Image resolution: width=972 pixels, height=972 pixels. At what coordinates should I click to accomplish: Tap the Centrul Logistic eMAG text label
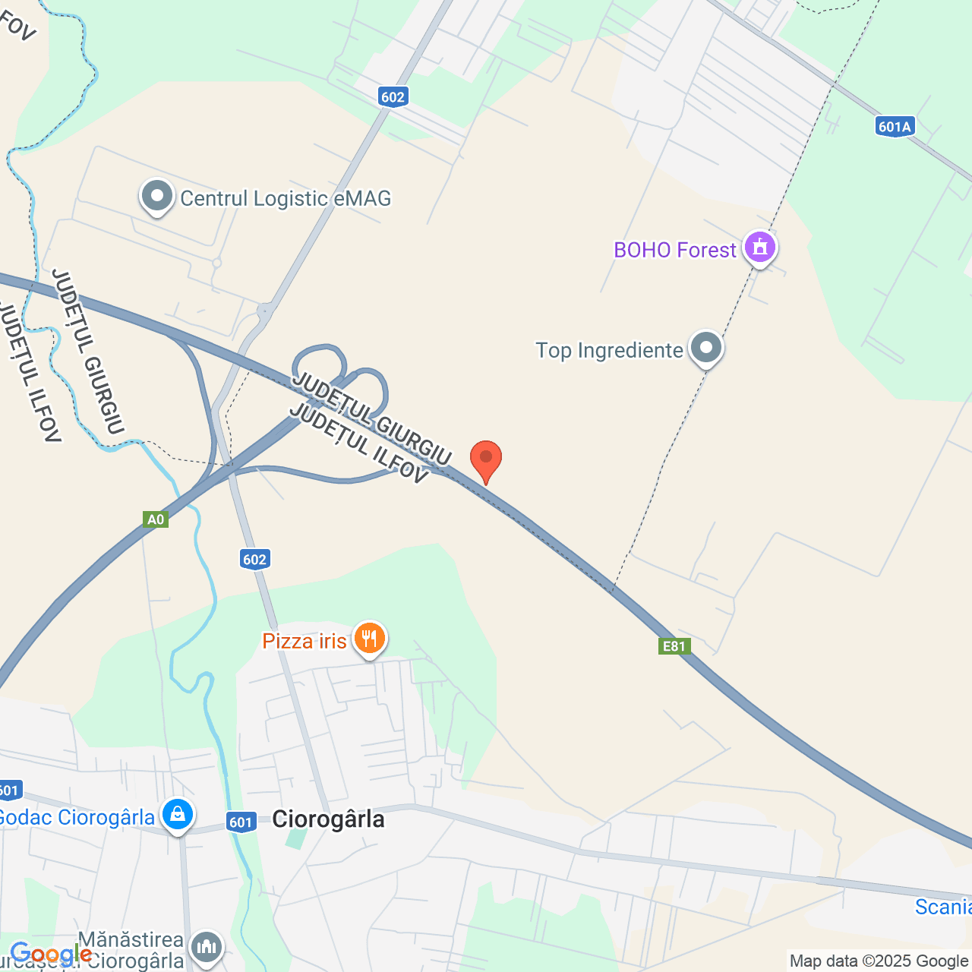[x=286, y=198]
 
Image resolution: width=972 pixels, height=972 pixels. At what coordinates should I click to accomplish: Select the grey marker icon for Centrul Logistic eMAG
[x=157, y=197]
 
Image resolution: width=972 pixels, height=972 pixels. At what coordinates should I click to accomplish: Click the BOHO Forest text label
[x=674, y=250]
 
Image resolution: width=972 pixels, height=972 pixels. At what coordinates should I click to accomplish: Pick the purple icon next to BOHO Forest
[x=760, y=247]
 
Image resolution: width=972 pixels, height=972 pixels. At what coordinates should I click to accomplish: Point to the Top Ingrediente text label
[x=609, y=350]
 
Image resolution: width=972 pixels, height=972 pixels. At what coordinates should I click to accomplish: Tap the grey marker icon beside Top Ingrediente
[x=706, y=348]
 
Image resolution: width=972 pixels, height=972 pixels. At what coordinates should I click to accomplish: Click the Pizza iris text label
[x=304, y=641]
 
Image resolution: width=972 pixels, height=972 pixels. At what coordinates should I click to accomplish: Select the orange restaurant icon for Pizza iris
[x=369, y=638]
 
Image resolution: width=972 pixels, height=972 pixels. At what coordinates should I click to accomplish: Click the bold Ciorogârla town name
[x=328, y=819]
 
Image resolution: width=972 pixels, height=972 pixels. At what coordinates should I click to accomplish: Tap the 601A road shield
[x=894, y=127]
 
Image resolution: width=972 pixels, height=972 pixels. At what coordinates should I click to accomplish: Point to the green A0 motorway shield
[x=155, y=519]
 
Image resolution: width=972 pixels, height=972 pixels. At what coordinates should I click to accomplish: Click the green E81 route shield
[x=674, y=646]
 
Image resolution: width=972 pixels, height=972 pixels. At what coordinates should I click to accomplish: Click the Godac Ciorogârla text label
[x=76, y=817]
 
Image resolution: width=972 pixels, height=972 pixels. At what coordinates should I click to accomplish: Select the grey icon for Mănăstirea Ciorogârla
[x=206, y=947]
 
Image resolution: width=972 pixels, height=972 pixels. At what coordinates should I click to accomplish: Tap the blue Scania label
[x=942, y=907]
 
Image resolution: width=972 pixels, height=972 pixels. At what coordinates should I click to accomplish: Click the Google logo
[x=51, y=954]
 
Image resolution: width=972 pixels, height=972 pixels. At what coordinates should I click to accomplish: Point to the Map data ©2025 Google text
[x=879, y=961]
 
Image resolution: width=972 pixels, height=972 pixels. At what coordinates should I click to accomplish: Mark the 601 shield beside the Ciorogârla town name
[x=241, y=822]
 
